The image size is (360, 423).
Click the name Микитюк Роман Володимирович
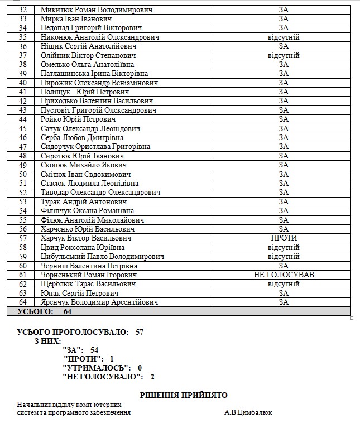(96, 10)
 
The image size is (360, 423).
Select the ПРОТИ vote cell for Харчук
(284, 238)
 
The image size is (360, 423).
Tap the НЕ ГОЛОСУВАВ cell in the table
(284, 275)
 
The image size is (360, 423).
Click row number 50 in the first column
(23, 174)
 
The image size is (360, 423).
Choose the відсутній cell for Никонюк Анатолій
(284, 37)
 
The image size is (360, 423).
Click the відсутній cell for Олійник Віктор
(284, 56)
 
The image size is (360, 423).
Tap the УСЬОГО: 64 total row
(45, 311)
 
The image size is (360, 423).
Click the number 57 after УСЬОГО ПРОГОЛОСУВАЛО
(140, 331)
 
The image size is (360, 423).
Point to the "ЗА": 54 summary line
(81, 350)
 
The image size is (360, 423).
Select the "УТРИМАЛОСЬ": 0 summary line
(103, 368)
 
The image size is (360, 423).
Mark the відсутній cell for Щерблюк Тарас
(284, 284)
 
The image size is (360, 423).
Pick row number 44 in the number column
(23, 119)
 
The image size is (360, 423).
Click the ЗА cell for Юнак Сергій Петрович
(284, 293)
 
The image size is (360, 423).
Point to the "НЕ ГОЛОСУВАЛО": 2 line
(109, 377)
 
